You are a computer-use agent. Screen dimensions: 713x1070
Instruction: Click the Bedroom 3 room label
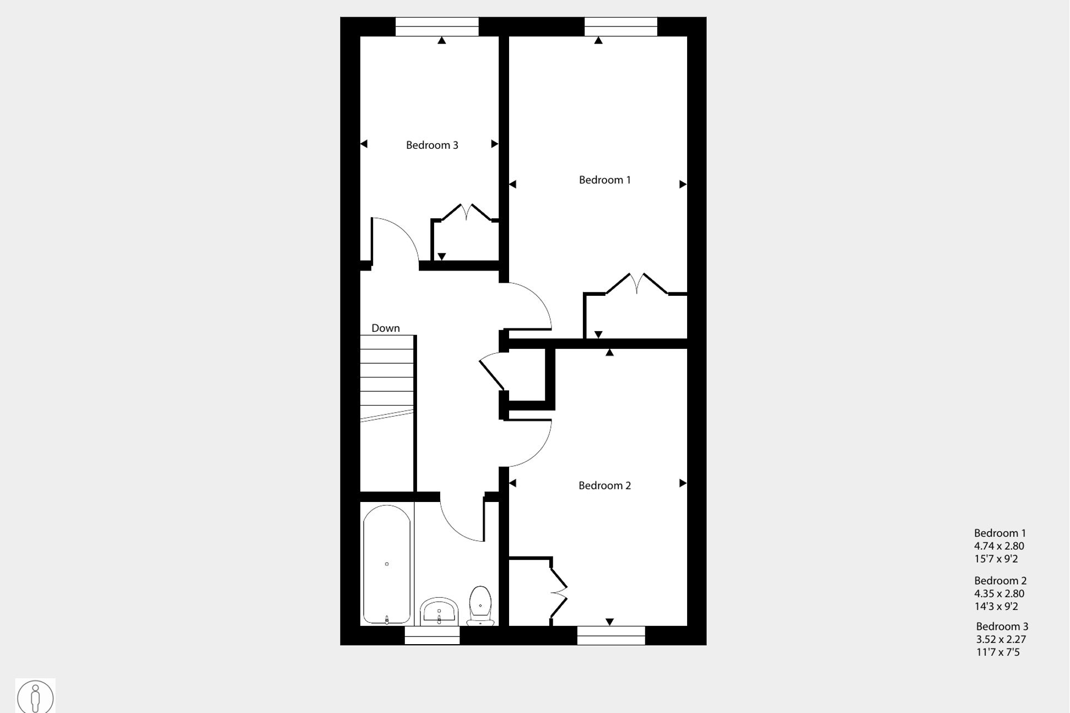[432, 145]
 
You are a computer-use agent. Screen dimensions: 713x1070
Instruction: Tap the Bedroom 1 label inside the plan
[604, 180]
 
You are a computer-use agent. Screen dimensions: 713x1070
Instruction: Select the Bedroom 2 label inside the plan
[604, 485]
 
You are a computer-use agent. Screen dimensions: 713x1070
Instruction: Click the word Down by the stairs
[385, 328]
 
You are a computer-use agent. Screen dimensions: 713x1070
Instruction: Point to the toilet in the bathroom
[480, 605]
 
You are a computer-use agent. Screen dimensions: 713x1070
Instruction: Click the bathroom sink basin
[439, 612]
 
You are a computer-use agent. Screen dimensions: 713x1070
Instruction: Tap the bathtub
[387, 564]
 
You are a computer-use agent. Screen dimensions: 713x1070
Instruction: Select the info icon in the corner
[35, 697]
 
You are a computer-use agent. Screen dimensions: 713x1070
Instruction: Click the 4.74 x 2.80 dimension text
[999, 546]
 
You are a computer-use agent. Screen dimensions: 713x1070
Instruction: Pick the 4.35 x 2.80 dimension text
[999, 593]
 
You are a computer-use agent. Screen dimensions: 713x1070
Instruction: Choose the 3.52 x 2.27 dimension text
[1001, 639]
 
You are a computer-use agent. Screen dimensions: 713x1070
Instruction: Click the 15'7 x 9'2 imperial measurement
[996, 559]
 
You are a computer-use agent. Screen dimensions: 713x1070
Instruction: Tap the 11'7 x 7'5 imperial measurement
[998, 652]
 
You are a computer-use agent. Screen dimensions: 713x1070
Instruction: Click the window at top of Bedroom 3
[437, 26]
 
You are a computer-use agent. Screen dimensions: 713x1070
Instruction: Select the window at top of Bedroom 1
[620, 26]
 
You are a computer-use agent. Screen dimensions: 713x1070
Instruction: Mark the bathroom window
[432, 635]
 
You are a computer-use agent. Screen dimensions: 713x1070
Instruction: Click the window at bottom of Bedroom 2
[611, 635]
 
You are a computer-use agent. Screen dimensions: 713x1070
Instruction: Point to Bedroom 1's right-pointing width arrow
[683, 184]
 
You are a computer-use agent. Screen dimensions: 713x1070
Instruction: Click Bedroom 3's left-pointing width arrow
[364, 144]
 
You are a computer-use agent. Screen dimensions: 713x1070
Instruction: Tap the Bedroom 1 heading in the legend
[999, 533]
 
